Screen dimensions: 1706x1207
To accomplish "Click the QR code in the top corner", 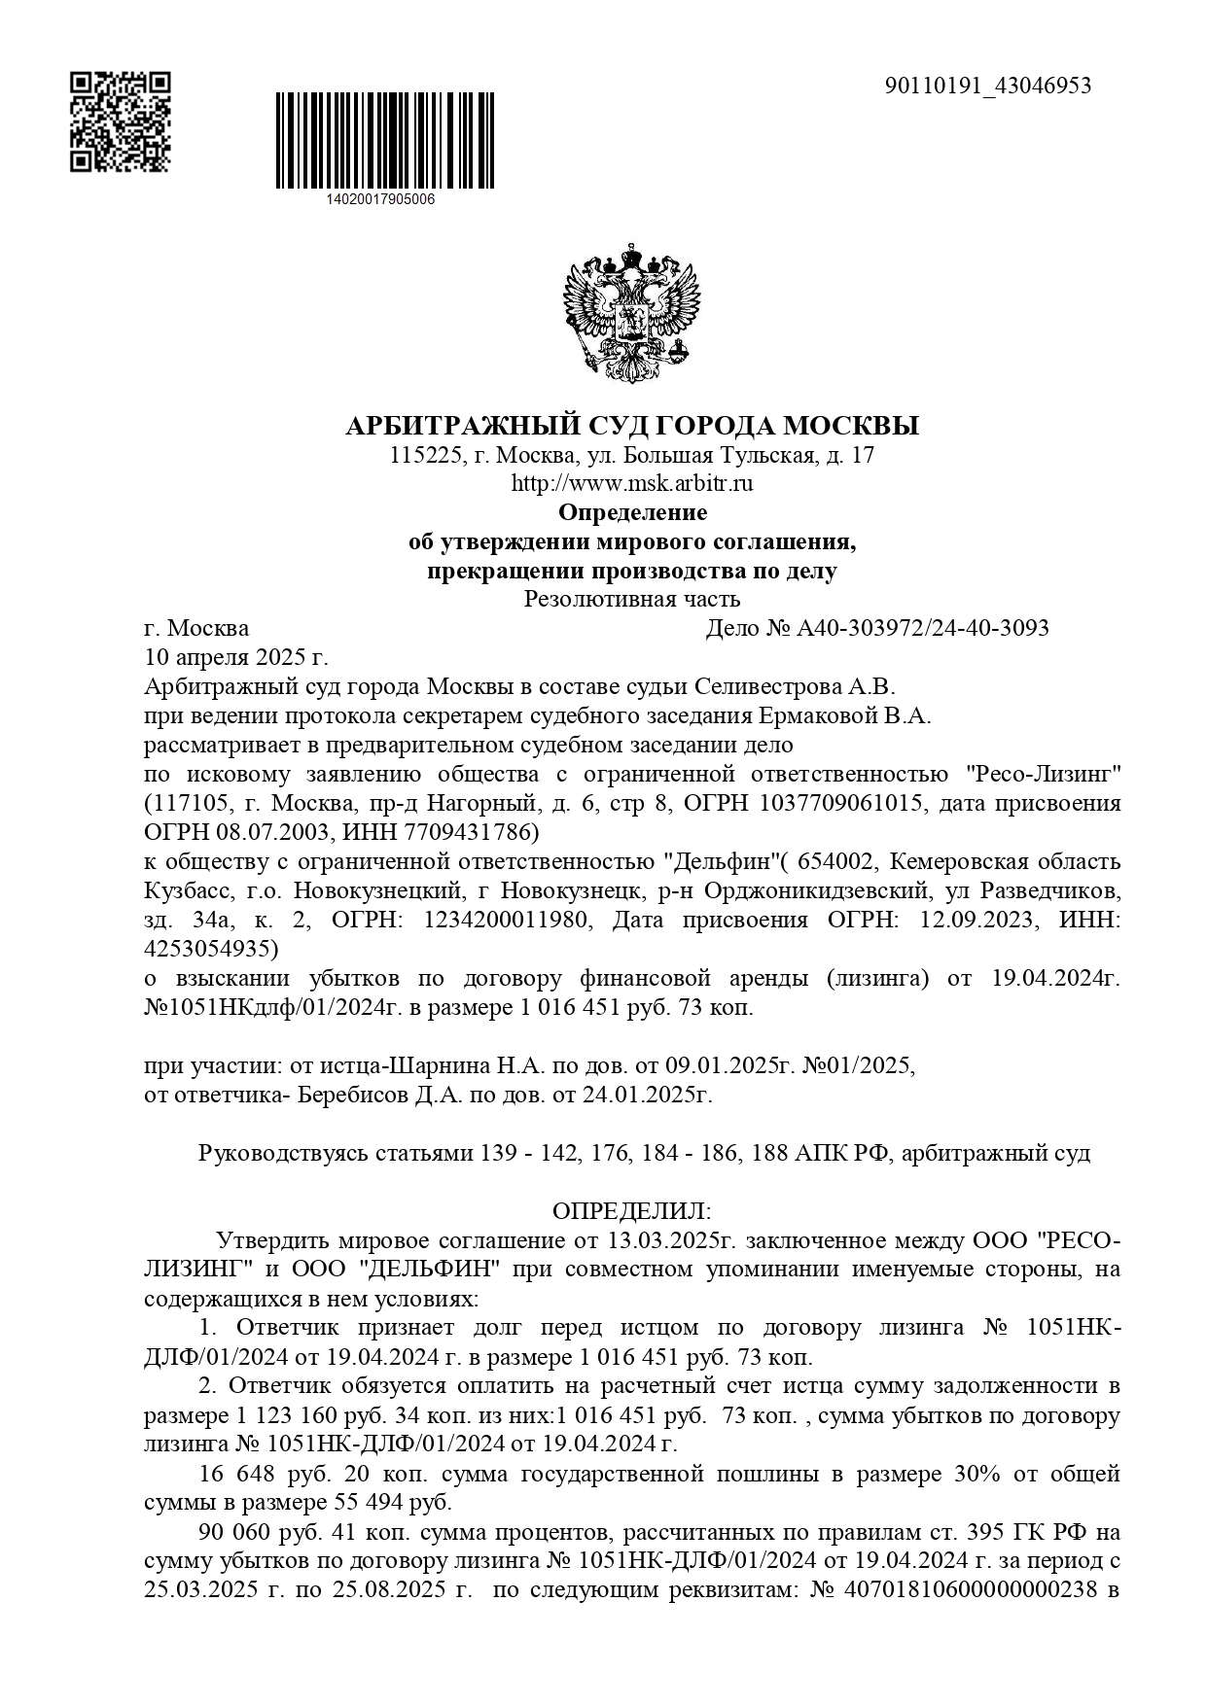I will click(x=121, y=122).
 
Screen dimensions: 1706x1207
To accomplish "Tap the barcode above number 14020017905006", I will click(x=385, y=142).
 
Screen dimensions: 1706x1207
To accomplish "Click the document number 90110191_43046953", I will click(x=988, y=86).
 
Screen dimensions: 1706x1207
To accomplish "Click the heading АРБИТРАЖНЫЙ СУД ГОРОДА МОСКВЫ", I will click(x=632, y=426).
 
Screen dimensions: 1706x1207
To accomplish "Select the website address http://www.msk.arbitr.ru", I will click(x=632, y=482).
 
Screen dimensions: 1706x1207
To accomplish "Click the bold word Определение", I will click(x=632, y=511).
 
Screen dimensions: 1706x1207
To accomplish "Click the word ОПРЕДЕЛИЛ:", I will click(x=632, y=1211).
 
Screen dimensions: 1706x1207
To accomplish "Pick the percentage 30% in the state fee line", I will click(x=976, y=1474).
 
